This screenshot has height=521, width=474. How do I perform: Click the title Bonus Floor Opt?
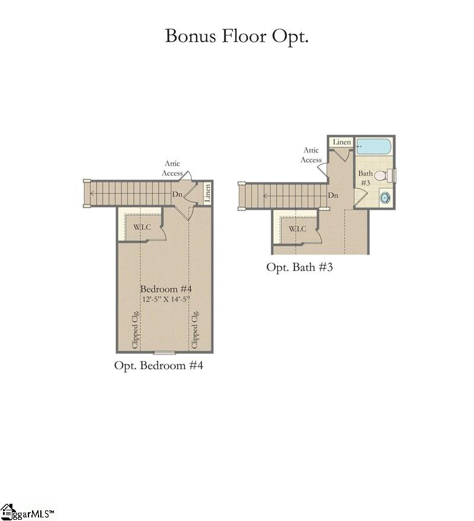point(236,36)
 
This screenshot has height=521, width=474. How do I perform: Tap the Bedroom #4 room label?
point(166,289)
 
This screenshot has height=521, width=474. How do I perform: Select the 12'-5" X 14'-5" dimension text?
point(166,299)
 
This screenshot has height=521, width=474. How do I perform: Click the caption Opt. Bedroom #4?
point(159,366)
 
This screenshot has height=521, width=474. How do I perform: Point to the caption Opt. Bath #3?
point(299,267)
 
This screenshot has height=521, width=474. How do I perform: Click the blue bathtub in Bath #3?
point(374,146)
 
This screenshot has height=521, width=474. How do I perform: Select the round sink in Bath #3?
point(385,198)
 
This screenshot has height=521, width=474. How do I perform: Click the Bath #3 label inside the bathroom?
point(365,178)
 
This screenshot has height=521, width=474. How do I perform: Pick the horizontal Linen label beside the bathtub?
point(341,142)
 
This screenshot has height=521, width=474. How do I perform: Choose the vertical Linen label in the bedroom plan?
point(207,193)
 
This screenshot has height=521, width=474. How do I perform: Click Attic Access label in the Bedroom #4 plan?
point(172,168)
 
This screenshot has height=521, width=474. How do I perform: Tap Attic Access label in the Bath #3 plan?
point(311,155)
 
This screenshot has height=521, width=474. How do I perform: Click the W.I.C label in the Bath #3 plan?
point(297,229)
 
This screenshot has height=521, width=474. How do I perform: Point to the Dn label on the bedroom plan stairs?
point(177,194)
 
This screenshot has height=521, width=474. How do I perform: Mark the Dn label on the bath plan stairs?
point(333,195)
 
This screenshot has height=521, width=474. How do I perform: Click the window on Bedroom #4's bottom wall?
point(165,353)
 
